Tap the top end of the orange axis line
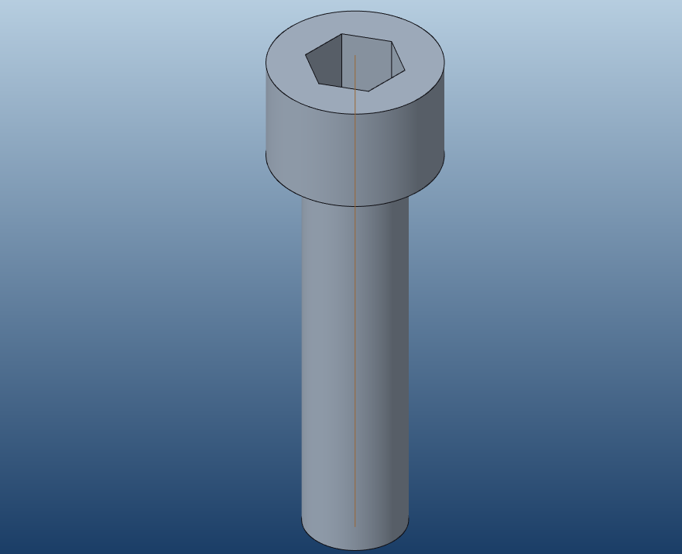point(355,55)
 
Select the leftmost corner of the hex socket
point(306,56)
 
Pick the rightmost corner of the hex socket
point(405,70)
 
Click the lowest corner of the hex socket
point(369,91)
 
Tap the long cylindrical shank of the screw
point(333,349)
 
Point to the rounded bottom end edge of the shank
point(355,549)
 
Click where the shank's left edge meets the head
point(302,195)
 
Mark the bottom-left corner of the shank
point(302,518)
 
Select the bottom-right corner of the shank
point(408,518)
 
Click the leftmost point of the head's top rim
point(266,62)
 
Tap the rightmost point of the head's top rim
point(445,62)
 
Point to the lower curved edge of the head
point(355,205)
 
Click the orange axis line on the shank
point(355,349)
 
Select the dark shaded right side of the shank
point(395,349)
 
